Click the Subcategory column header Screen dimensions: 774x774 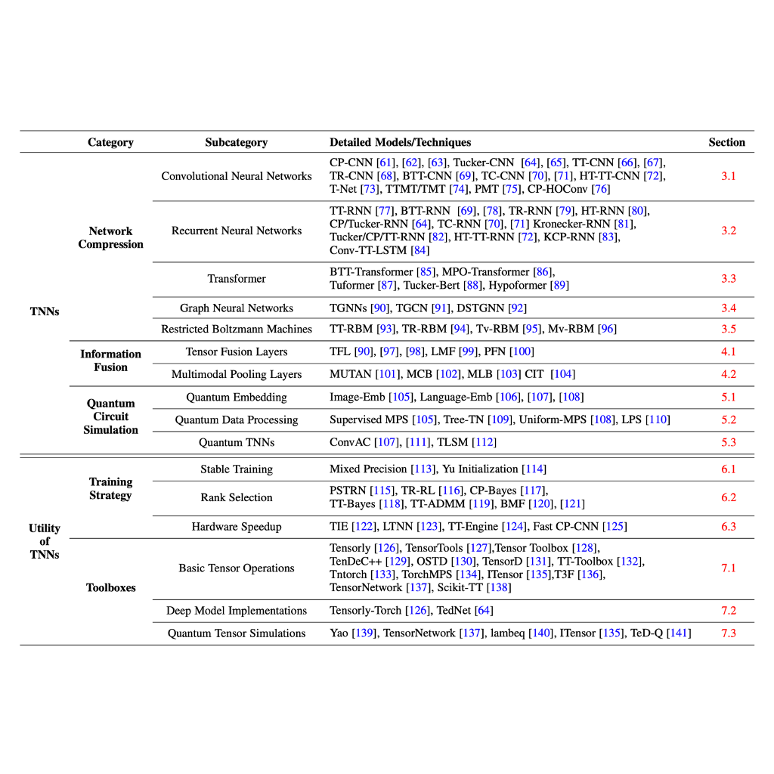click(x=236, y=142)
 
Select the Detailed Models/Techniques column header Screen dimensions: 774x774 click(x=400, y=142)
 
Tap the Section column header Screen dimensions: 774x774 click(x=726, y=142)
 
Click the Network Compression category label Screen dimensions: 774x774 click(x=110, y=237)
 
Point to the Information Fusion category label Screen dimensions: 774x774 click(x=110, y=361)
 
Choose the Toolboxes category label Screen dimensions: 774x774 click(x=110, y=587)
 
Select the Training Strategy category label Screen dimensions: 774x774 click(x=110, y=488)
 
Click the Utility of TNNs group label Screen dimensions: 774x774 click(x=45, y=541)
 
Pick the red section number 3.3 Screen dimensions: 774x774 click(x=728, y=278)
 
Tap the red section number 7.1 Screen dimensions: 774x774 click(x=728, y=568)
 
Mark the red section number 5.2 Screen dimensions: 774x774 click(x=728, y=420)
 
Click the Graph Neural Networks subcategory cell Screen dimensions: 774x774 click(x=236, y=308)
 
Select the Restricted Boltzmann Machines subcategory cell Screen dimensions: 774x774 click(x=236, y=329)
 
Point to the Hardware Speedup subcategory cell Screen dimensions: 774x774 click(x=236, y=527)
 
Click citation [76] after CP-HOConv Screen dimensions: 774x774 click(x=601, y=189)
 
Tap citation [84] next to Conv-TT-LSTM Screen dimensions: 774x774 click(x=420, y=250)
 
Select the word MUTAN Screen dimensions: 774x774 click(x=350, y=374)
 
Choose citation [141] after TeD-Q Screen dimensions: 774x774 click(x=678, y=633)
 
